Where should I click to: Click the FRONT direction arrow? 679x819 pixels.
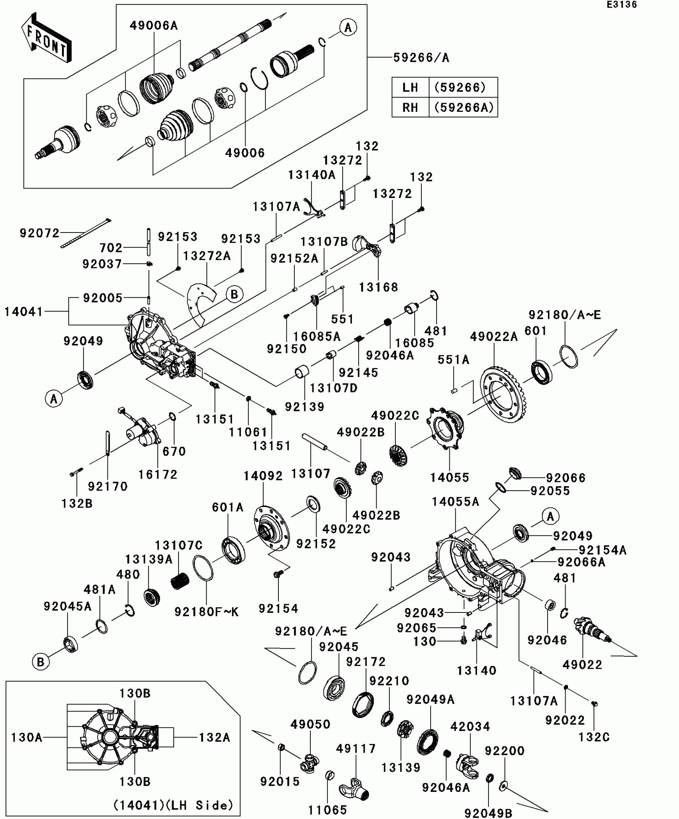[46, 38]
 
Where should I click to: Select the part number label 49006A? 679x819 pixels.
[154, 26]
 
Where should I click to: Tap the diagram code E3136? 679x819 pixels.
[622, 5]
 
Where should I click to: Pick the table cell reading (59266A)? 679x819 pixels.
[464, 107]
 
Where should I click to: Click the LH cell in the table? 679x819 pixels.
[410, 87]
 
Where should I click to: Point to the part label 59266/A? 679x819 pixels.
[421, 58]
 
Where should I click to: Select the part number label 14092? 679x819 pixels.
[263, 476]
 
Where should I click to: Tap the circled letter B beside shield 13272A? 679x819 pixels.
[234, 294]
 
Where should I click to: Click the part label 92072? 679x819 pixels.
[40, 233]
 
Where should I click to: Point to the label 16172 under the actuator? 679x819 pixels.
[158, 474]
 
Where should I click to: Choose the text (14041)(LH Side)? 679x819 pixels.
[173, 805]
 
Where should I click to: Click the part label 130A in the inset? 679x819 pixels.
[27, 737]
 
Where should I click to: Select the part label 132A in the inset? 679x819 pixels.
[215, 737]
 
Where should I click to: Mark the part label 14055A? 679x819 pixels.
[455, 502]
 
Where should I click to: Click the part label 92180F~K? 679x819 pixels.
[206, 612]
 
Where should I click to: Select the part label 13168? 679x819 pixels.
[378, 287]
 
